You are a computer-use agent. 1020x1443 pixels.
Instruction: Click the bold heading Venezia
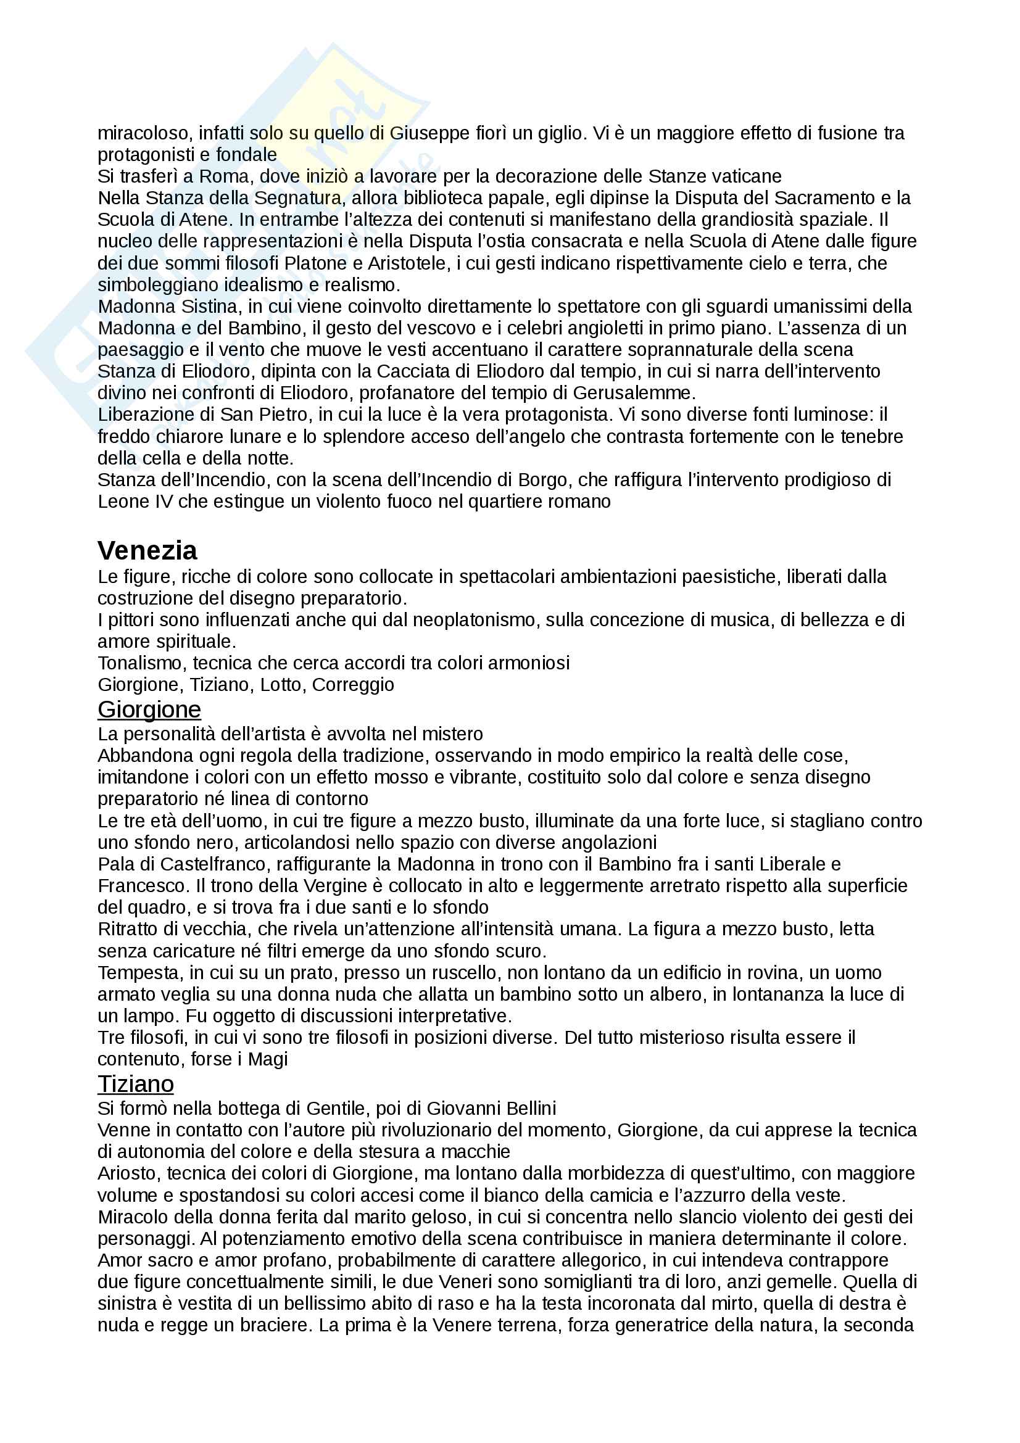pos(147,550)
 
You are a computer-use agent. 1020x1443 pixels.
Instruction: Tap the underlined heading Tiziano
pos(135,1083)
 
